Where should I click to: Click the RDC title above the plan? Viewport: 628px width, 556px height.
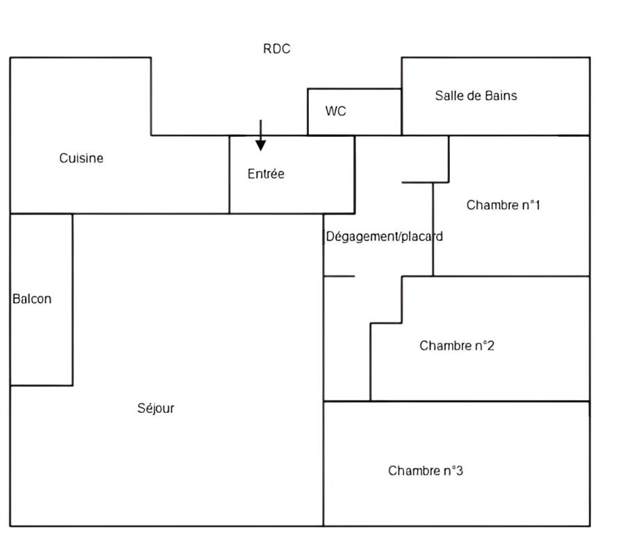click(277, 49)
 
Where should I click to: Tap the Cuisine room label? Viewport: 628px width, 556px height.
click(81, 158)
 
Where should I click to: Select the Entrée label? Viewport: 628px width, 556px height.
click(266, 174)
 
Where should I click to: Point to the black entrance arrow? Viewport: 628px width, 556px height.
click(260, 135)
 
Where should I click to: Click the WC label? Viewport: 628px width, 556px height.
click(335, 111)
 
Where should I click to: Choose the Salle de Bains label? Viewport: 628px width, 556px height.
click(476, 96)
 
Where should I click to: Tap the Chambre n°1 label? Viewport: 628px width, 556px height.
click(503, 205)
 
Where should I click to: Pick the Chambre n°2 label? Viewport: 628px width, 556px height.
click(456, 346)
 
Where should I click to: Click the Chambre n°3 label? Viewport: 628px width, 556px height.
click(426, 471)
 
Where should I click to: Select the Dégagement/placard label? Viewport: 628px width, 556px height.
click(384, 236)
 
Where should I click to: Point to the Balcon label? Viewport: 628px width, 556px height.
click(32, 300)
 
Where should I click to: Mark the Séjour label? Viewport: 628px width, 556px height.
click(156, 409)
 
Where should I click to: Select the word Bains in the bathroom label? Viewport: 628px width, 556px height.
click(501, 96)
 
